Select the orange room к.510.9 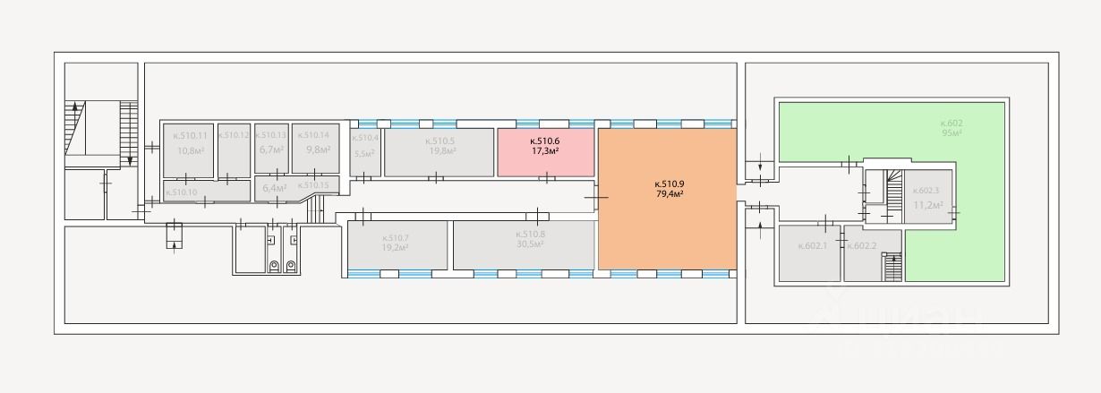click(x=667, y=199)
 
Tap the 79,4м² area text click(x=670, y=194)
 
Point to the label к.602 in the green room click(x=951, y=123)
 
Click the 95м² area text click(x=951, y=133)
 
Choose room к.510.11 click(x=189, y=149)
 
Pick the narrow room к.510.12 click(x=233, y=149)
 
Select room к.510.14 click(x=316, y=149)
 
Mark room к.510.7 click(x=396, y=244)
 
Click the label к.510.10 click(x=182, y=192)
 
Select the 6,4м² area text click(x=274, y=189)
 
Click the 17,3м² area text click(x=545, y=151)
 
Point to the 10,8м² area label click(x=190, y=150)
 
